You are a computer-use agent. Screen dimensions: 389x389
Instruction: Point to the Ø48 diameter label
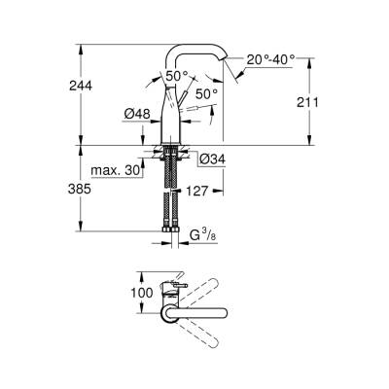coord(136,115)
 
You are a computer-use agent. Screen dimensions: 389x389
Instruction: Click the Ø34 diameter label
coord(212,159)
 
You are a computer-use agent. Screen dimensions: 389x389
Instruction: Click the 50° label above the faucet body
coord(175,76)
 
